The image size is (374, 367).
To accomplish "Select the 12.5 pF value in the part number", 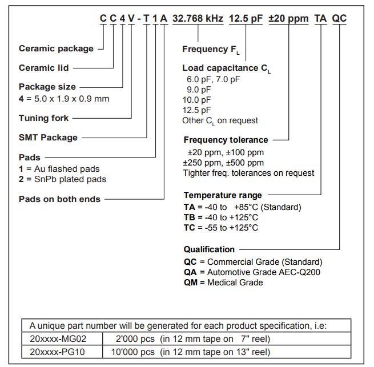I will pos(246,18).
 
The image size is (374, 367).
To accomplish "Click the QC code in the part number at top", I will pos(339,18).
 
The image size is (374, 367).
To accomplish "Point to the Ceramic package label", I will pos(56,49).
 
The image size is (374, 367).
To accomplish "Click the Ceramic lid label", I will pos(43,68).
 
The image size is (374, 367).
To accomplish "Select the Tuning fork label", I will pos(43,118).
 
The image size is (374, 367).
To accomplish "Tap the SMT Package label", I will pos(48,138).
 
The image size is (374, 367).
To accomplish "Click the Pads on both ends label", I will pos(59,199).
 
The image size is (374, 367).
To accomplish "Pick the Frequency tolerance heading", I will pos(226,140).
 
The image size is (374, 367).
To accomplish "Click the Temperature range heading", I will pos(223,196).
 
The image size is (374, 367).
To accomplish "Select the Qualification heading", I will pos(209,249).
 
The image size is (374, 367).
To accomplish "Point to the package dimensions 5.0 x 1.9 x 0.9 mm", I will pos(69,99).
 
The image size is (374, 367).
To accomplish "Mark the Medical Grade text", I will pos(235,283).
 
